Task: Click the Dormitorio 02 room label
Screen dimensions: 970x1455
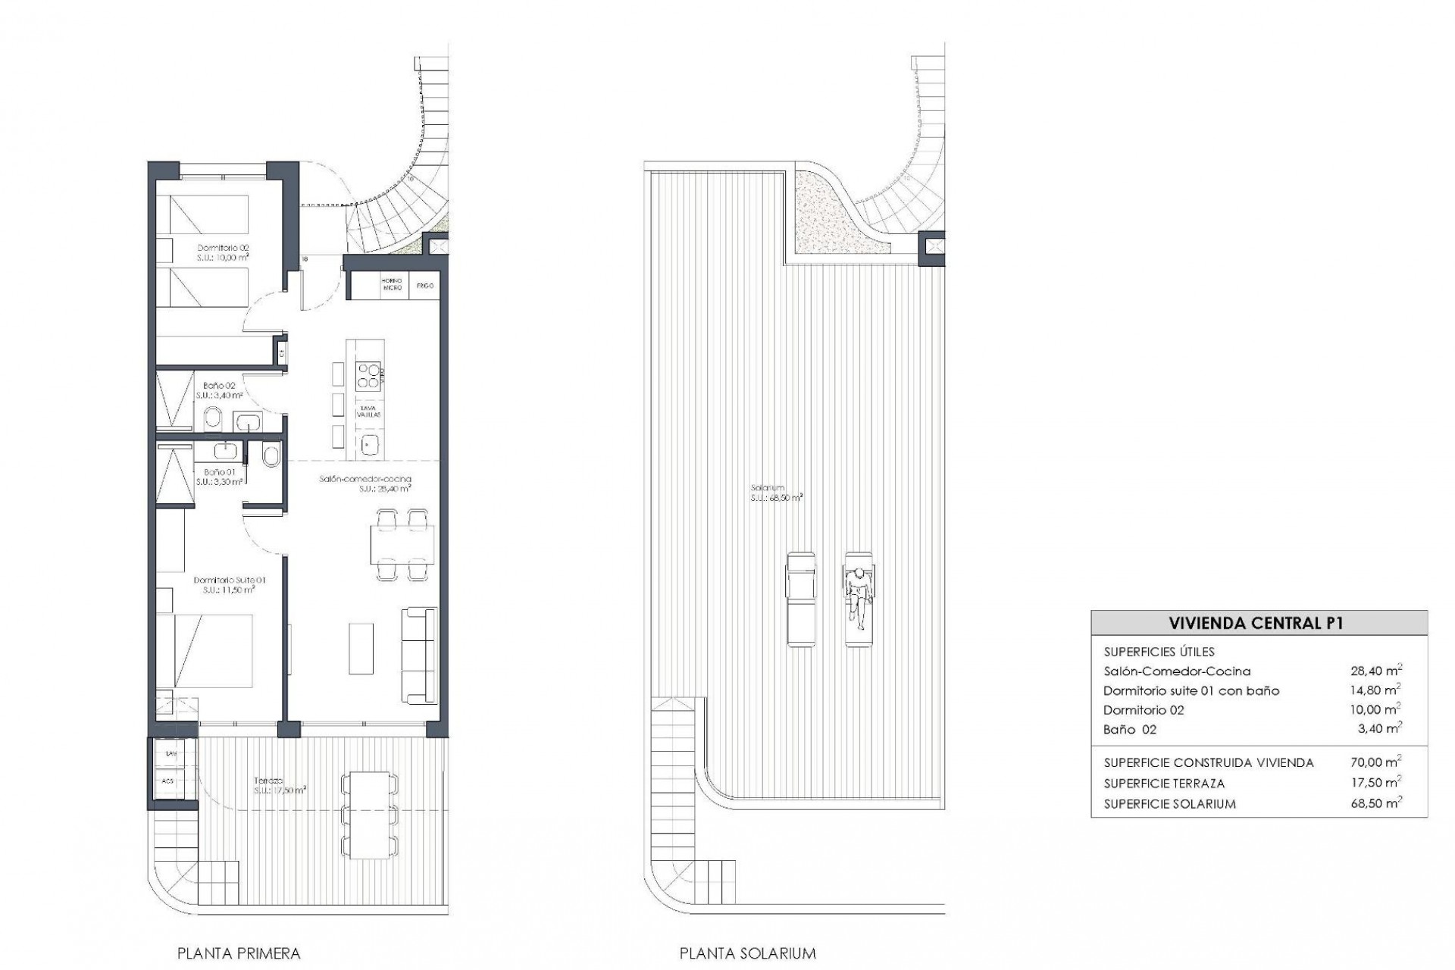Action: pos(223,252)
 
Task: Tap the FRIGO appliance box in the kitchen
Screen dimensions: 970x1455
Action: pos(424,286)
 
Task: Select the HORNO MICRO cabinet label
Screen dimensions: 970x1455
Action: pos(392,286)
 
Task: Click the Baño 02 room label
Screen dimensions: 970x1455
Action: pos(219,390)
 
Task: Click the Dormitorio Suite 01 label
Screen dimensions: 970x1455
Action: pos(227,584)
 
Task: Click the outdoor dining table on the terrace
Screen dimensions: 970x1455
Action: pos(370,815)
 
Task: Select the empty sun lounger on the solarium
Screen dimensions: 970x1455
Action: pos(800,599)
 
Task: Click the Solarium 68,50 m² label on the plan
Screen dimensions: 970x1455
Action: pos(776,493)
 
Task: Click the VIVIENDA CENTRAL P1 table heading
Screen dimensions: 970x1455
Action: pos(1258,623)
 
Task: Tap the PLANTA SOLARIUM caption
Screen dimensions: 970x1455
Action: pos(747,953)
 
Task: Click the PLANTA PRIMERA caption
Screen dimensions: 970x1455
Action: pos(239,953)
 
